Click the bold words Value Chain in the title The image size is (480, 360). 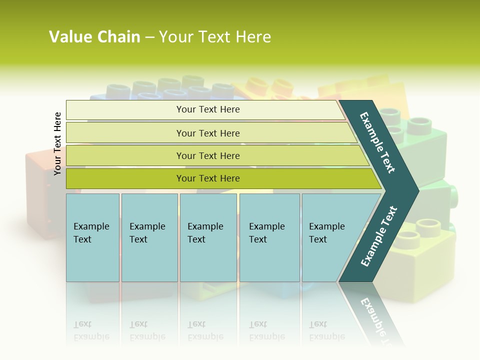[x=94, y=37]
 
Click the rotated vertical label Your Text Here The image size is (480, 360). [x=57, y=143]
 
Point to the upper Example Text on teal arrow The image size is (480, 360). [x=377, y=142]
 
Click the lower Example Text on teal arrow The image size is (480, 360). [x=379, y=236]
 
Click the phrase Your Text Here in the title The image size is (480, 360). [x=215, y=37]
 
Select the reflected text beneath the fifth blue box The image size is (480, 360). [x=326, y=330]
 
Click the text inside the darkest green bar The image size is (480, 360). [x=208, y=178]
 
